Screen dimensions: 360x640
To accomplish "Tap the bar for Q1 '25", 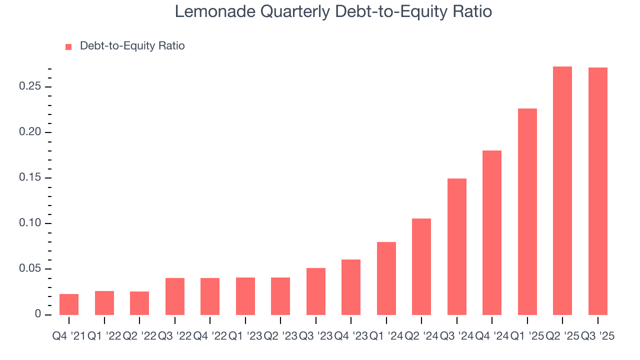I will (x=527, y=211).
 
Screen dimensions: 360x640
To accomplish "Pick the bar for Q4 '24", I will (x=492, y=232).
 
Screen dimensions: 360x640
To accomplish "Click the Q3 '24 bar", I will (x=456, y=246).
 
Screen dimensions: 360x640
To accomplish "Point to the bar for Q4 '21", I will (x=69, y=304).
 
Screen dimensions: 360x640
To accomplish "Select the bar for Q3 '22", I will (x=174, y=296).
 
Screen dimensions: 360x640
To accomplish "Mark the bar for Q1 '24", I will (x=386, y=278).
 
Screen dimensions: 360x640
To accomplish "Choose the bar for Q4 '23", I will (x=351, y=287).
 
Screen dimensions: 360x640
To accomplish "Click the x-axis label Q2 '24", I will (x=421, y=336).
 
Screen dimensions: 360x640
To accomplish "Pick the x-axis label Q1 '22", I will (x=104, y=336).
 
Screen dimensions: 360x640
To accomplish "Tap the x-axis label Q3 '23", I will (x=315, y=336).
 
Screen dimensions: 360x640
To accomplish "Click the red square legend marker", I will (x=69, y=46).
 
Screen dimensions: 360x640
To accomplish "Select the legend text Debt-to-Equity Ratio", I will (x=132, y=46).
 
